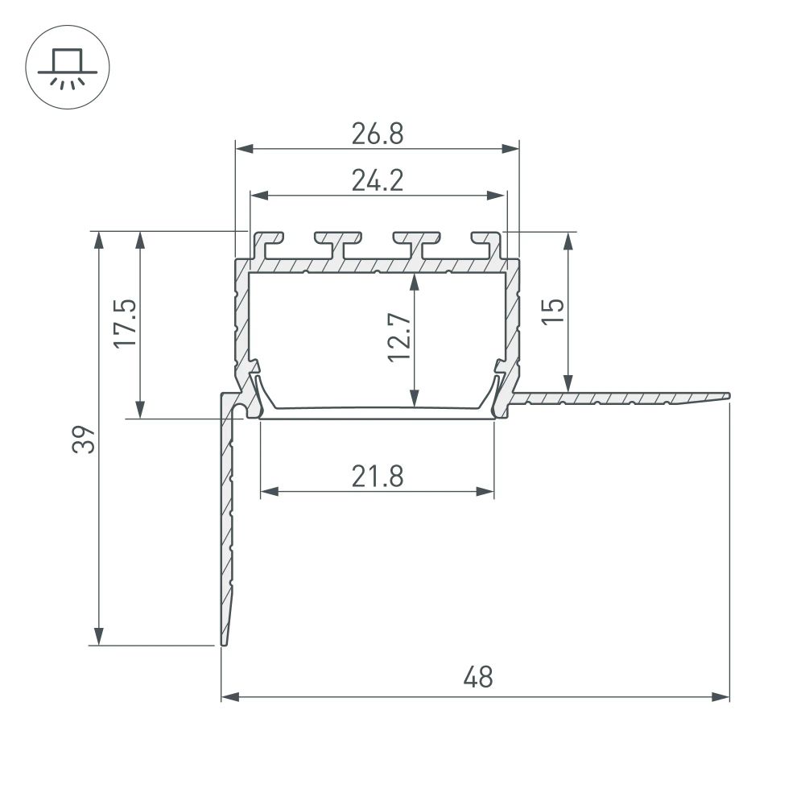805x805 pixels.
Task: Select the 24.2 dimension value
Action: [377, 181]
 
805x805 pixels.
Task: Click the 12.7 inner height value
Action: [400, 337]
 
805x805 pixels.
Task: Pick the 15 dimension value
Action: [554, 310]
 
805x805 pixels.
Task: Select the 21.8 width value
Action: [377, 477]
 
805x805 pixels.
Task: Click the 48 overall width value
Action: [477, 677]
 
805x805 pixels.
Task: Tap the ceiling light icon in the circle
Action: [67, 68]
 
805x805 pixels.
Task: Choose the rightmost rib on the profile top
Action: [486, 241]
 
